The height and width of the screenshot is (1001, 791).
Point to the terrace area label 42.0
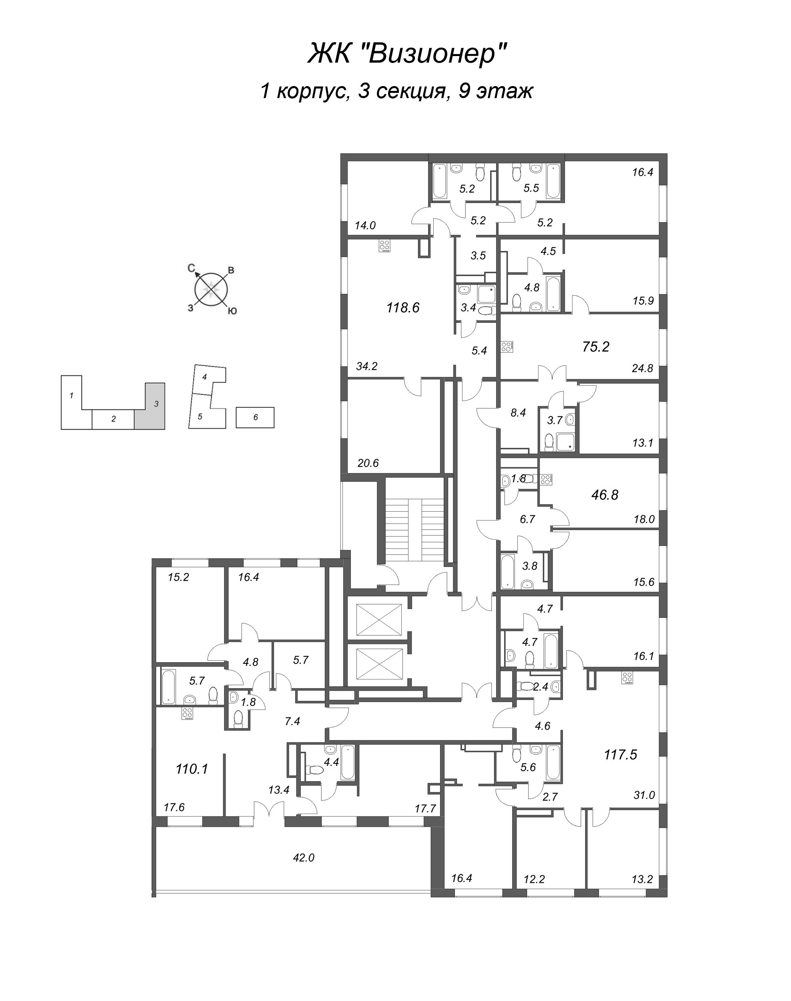(x=304, y=858)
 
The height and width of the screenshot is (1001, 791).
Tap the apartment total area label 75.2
(x=596, y=347)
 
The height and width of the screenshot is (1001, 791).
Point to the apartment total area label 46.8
(x=605, y=495)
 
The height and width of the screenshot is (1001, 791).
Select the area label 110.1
(x=192, y=769)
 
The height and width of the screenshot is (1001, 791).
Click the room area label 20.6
(x=368, y=462)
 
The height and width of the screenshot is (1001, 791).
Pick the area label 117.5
(x=621, y=755)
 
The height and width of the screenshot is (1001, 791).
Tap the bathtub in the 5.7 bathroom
(x=168, y=686)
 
